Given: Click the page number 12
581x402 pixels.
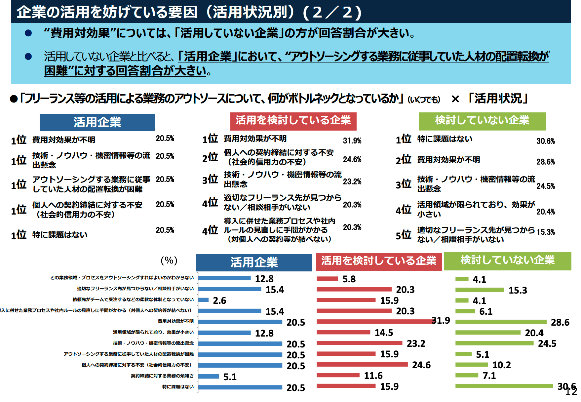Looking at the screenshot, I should tap(571, 392).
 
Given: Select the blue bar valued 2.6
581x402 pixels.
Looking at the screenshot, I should tap(204, 300).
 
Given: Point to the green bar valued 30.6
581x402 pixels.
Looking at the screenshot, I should tap(504, 386).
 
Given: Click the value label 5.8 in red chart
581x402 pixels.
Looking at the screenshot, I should tap(349, 279).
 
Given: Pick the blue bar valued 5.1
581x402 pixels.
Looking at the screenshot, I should tap(209, 376).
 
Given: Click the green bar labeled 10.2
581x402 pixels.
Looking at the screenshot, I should tap(472, 365).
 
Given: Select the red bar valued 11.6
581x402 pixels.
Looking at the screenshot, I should tap(338, 375).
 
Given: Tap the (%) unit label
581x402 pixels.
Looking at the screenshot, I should tap(169, 261).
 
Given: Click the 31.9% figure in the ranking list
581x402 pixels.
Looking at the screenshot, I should tap(352, 141).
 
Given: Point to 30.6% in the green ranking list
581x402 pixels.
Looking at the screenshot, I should tap(545, 141).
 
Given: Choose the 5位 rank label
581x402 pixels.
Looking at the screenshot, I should tap(404, 235).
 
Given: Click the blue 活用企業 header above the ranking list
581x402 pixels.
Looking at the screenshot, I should tap(97, 122).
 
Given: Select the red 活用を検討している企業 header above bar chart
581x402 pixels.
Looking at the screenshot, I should tap(379, 261).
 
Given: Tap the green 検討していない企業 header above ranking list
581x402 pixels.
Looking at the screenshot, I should tap(482, 121).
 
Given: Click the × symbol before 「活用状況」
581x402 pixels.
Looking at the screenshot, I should tap(455, 99).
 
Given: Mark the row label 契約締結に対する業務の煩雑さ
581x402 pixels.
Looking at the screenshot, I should tap(162, 376).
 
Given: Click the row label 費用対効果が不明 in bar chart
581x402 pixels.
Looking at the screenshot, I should tap(175, 321).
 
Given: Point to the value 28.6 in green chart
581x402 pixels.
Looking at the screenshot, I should tap(560, 322).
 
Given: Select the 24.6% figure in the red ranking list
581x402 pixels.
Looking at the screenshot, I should tap(352, 160).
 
